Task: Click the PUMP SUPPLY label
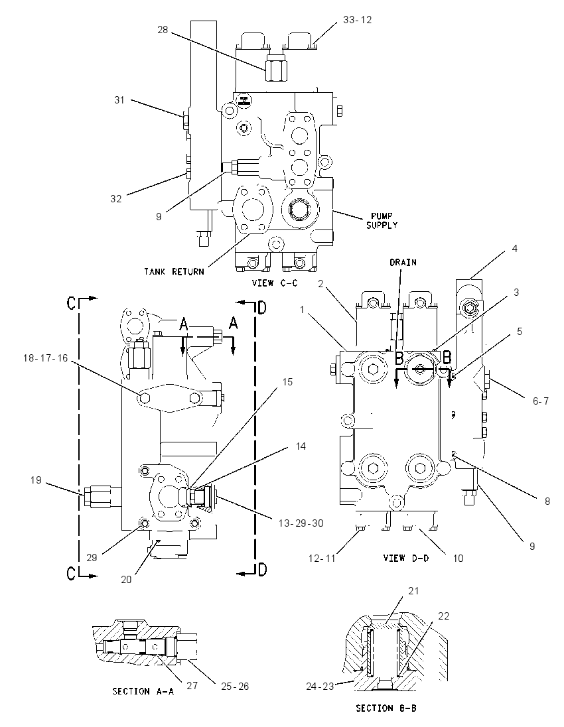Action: click(382, 221)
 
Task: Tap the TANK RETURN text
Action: click(174, 272)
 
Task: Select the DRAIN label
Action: click(403, 263)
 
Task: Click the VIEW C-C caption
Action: click(274, 283)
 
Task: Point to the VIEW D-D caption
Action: click(406, 559)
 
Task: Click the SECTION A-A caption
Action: click(143, 691)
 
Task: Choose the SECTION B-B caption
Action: click(386, 708)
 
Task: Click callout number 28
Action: click(163, 30)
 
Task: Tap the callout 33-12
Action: click(357, 20)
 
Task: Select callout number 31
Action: click(119, 99)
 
